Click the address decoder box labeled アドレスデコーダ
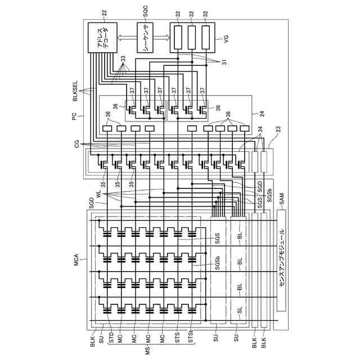pos(102,38)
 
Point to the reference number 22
pos(102,12)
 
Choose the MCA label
pos(75,262)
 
